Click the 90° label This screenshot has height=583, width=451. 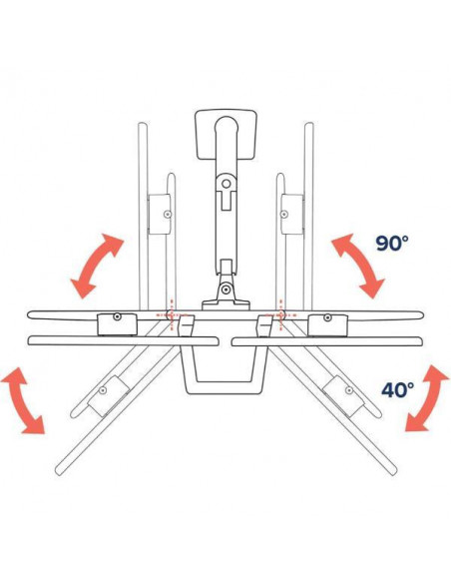click(x=391, y=244)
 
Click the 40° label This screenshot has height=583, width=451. click(x=397, y=389)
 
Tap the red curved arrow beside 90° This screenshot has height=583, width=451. click(x=358, y=266)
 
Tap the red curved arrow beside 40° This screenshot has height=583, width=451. click(x=427, y=398)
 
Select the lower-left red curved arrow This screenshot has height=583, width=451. click(x=22, y=401)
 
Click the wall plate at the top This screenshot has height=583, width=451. click(x=225, y=135)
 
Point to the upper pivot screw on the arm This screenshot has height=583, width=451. click(x=225, y=184)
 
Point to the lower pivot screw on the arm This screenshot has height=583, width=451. click(x=225, y=289)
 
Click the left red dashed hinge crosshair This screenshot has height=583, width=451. click(x=171, y=314)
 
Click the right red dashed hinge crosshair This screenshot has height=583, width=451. click(x=280, y=314)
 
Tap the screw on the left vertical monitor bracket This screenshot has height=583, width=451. click(x=169, y=215)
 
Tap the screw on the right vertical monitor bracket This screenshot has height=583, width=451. click(x=284, y=214)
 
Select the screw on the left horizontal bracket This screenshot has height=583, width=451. click(x=118, y=316)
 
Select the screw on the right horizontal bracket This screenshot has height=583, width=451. click(x=327, y=317)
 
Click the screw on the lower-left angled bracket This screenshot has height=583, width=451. click(x=103, y=390)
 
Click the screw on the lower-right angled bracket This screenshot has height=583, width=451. click(x=349, y=390)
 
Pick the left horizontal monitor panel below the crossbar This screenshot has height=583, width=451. click(x=123, y=340)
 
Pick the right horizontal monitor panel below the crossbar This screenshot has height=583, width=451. click(x=327, y=341)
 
